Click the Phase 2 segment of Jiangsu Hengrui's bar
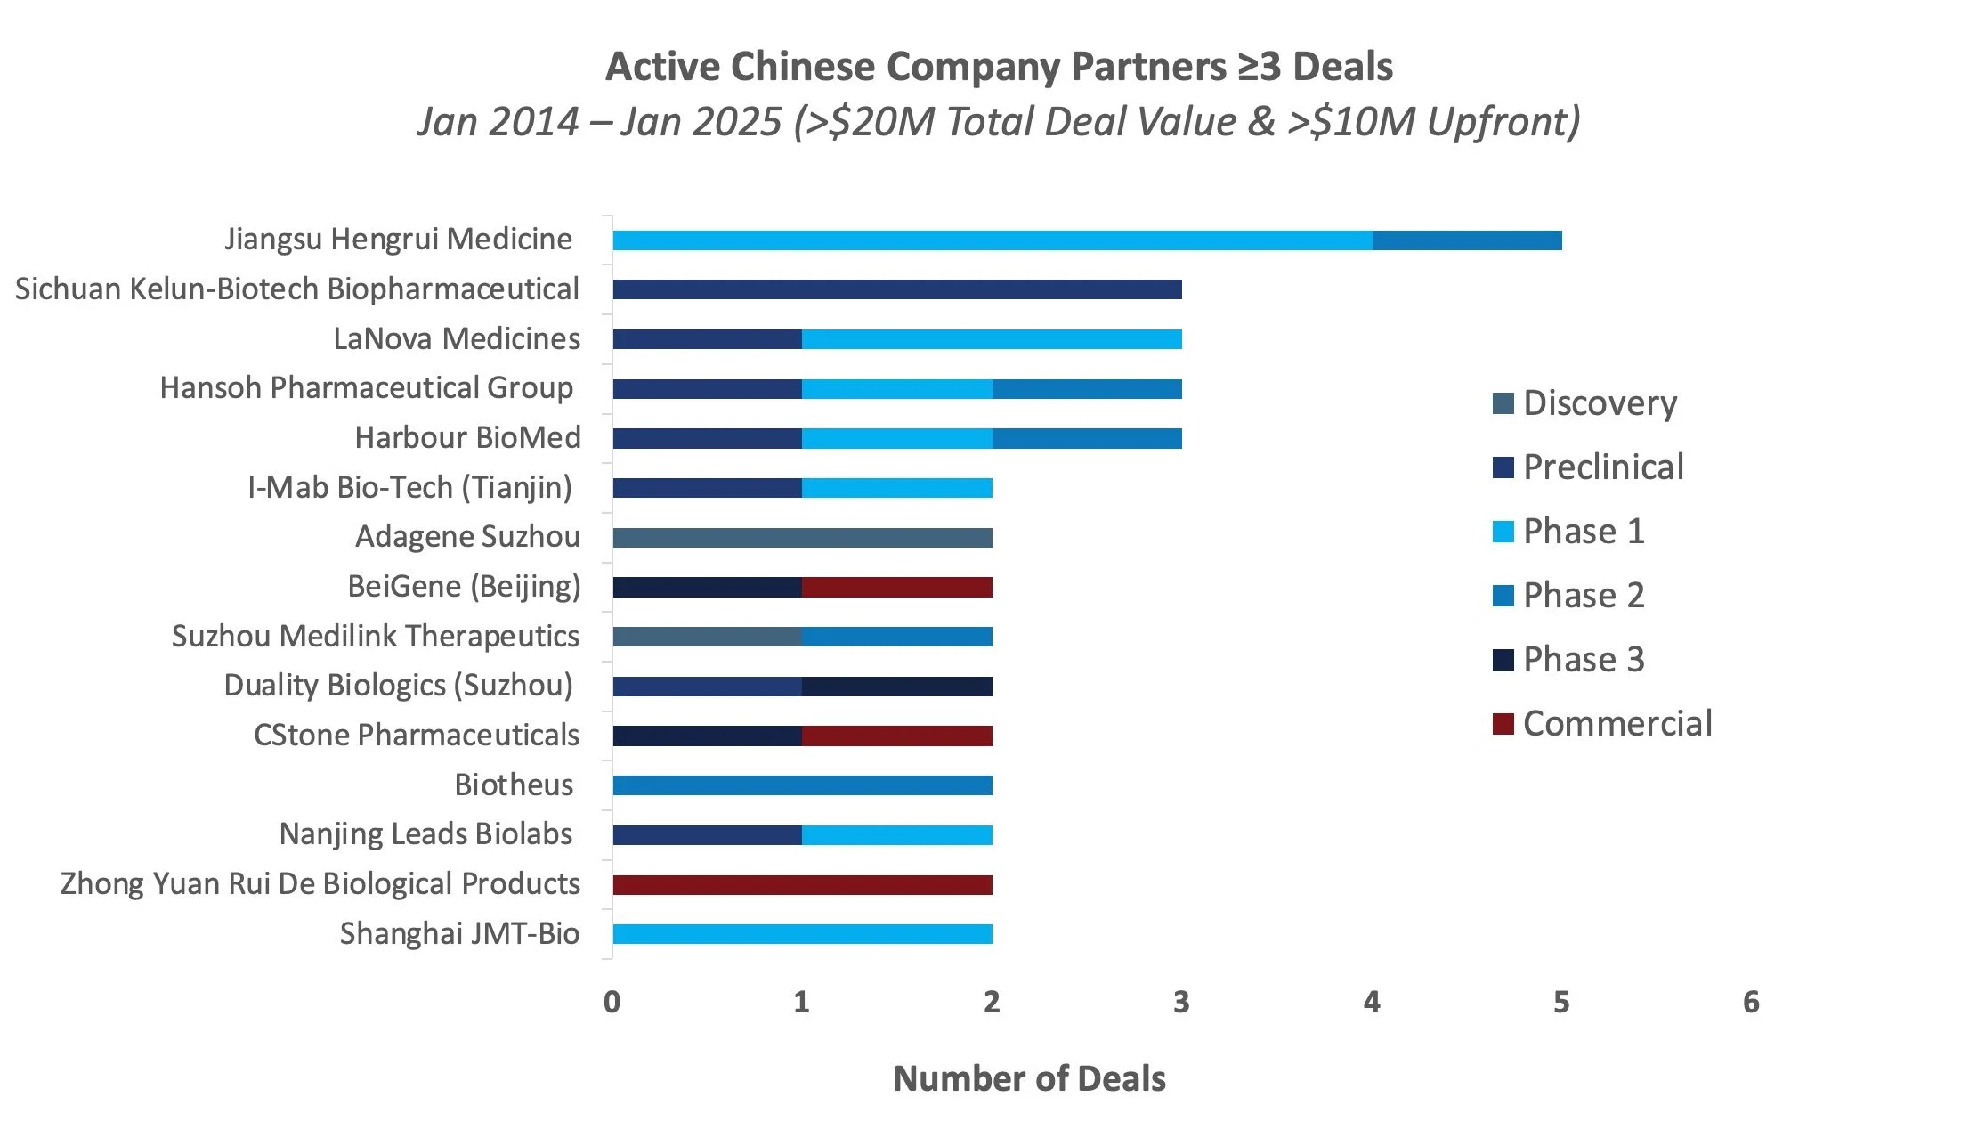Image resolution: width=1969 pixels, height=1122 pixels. pyautogui.click(x=1466, y=240)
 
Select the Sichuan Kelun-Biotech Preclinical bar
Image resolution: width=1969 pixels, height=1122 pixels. pyautogui.click(x=896, y=289)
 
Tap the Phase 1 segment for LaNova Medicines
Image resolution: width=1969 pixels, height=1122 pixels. pyautogui.click(x=991, y=339)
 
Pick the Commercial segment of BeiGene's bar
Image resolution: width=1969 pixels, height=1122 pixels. pyautogui.click(x=896, y=588)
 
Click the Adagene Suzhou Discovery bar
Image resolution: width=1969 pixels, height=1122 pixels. pyautogui.click(x=801, y=538)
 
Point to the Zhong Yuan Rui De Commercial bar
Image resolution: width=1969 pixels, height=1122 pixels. pyautogui.click(x=801, y=885)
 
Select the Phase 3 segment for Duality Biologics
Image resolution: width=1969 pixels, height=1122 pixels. pyautogui.click(x=896, y=687)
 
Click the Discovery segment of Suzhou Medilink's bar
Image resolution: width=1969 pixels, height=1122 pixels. pyautogui.click(x=707, y=637)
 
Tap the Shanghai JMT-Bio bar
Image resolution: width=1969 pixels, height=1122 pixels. pyautogui.click(x=801, y=934)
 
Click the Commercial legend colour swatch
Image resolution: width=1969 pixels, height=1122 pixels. pyautogui.click(x=1503, y=724)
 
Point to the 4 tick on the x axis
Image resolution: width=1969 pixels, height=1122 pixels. pyautogui.click(x=1372, y=1003)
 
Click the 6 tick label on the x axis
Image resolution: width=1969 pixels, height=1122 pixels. pyautogui.click(x=1751, y=1003)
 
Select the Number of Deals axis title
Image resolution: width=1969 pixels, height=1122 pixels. pyautogui.click(x=1029, y=1078)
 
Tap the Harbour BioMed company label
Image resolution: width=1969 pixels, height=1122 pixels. pyautogui.click(x=467, y=438)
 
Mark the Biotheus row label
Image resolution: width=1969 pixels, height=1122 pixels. pyautogui.click(x=514, y=785)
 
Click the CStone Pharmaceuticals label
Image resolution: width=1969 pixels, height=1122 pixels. pyautogui.click(x=416, y=736)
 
